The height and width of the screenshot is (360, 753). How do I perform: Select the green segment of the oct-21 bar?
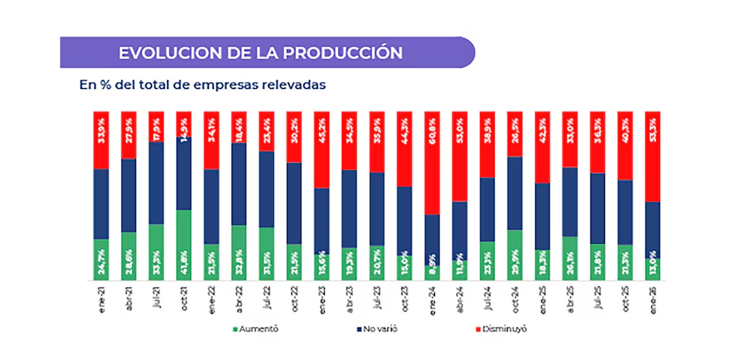[184, 245]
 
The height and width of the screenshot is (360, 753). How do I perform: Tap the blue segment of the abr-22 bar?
[238, 184]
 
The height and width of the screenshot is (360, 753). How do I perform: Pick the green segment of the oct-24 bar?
[515, 254]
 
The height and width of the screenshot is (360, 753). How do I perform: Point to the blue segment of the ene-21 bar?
[101, 204]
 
